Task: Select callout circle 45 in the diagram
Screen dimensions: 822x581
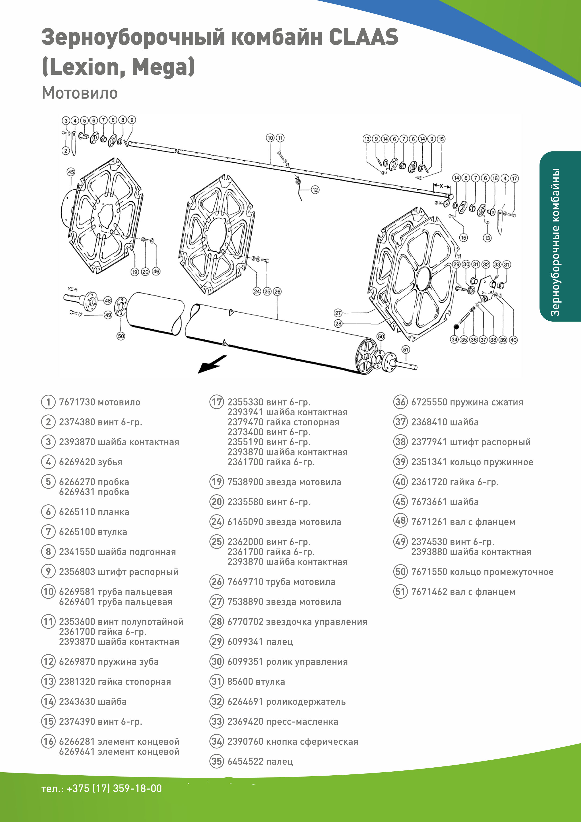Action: click(71, 172)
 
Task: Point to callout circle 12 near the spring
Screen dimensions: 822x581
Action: click(315, 190)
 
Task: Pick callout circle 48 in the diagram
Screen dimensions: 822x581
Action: click(108, 301)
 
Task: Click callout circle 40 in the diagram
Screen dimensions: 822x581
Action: click(513, 340)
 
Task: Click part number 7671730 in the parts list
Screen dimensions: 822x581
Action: click(77, 402)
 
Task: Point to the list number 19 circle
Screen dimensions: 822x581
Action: click(216, 482)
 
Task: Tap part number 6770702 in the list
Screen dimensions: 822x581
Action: click(245, 622)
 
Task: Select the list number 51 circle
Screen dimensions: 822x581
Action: click(400, 592)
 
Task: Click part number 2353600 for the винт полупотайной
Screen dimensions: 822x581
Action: click(77, 622)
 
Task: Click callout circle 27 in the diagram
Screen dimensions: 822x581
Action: click(338, 313)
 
